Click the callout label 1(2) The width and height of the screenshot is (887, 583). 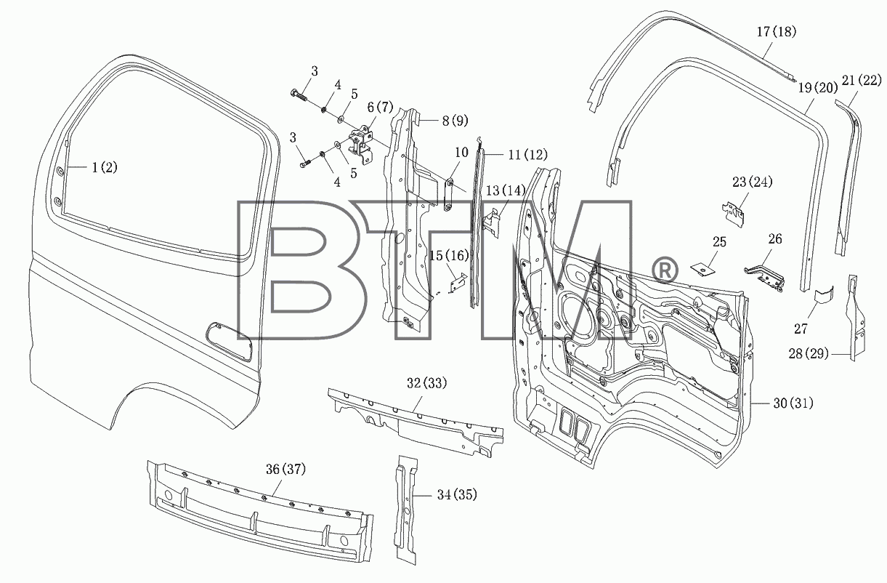(105, 168)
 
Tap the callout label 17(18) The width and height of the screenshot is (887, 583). (777, 32)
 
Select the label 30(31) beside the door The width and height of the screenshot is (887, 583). (793, 403)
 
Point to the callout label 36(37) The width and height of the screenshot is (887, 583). (285, 470)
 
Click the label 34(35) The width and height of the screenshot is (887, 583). (457, 494)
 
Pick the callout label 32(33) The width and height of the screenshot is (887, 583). (427, 383)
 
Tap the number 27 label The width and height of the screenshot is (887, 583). (801, 329)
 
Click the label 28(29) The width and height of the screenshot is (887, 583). (809, 353)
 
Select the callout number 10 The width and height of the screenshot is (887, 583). (462, 153)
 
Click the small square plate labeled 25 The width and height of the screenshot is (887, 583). (703, 270)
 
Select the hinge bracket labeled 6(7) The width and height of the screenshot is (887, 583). (361, 145)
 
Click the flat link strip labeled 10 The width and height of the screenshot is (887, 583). (449, 195)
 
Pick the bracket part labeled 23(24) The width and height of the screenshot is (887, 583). (733, 214)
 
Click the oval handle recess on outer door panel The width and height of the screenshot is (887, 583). (229, 341)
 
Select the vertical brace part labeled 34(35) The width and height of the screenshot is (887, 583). (406, 510)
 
